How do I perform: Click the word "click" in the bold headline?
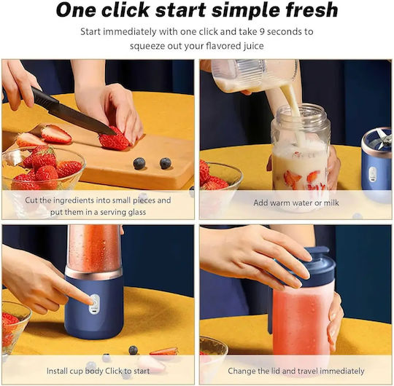coord(125,9)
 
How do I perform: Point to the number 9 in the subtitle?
coord(261,32)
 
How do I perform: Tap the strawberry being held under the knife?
coord(115,140)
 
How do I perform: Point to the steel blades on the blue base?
coord(383,137)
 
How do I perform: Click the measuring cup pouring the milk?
coord(254,75)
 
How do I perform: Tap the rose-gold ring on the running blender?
coord(93,273)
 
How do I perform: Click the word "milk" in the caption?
coord(331,202)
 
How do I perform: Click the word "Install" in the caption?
coord(57,371)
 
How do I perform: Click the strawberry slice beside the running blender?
coord(164,351)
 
